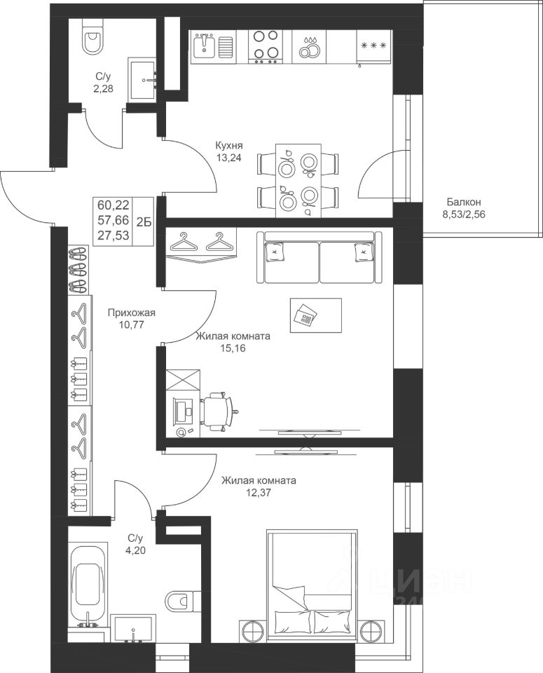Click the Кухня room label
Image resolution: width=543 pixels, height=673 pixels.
(x=229, y=146)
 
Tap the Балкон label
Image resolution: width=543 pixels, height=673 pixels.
(x=464, y=201)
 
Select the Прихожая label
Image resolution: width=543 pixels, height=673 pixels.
(x=131, y=313)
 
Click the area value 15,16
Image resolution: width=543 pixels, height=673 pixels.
(x=233, y=348)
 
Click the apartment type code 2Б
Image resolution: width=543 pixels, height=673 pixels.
(x=143, y=222)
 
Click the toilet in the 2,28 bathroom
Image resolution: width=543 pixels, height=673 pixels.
(x=93, y=37)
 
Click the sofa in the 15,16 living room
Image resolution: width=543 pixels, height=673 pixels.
(x=320, y=257)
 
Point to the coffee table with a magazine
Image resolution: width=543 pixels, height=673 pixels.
(x=316, y=315)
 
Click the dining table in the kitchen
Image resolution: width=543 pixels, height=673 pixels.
(x=298, y=181)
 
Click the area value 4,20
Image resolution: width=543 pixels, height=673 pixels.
(x=137, y=550)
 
